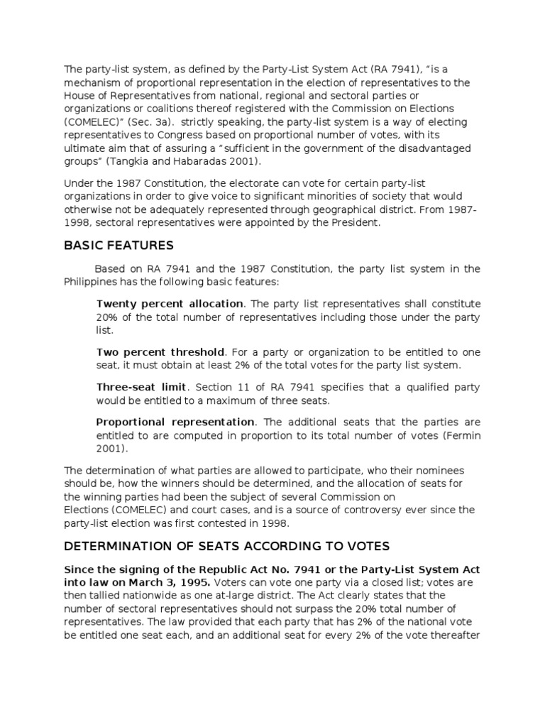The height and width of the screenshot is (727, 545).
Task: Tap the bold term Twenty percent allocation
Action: point(170,304)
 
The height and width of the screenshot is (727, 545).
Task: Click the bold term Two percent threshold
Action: point(160,352)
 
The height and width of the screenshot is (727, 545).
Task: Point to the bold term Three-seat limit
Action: point(141,387)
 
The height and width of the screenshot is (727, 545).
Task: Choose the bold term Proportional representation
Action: point(175,422)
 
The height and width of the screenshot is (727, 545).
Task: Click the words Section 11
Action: point(220,387)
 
